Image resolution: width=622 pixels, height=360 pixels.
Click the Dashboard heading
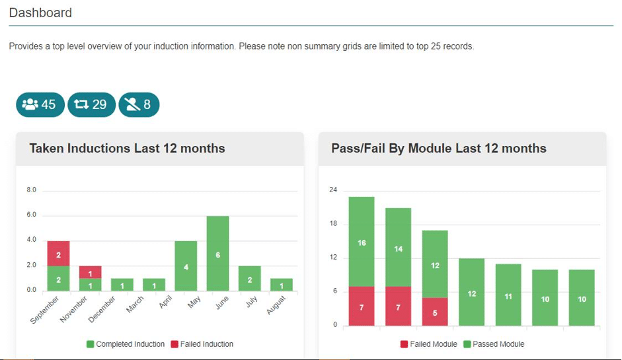click(x=40, y=13)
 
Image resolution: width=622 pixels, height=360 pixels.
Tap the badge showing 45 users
click(x=40, y=104)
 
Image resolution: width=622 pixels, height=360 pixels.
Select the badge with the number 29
click(x=91, y=104)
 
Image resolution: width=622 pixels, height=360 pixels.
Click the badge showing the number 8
click(x=139, y=104)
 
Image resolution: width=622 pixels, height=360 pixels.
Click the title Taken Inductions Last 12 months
click(x=127, y=149)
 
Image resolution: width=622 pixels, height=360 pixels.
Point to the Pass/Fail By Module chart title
click(x=438, y=149)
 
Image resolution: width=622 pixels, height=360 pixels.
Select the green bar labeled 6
click(x=217, y=254)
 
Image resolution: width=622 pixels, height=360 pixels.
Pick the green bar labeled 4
click(x=186, y=266)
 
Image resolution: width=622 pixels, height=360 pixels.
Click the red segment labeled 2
click(x=58, y=254)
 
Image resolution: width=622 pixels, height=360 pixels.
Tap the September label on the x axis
click(x=45, y=310)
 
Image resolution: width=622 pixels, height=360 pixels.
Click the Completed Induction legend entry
click(x=126, y=344)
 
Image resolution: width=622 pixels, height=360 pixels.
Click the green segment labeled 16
click(x=362, y=242)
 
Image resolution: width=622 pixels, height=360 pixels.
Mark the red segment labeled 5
click(x=435, y=312)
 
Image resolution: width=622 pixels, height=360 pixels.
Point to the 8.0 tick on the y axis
click(x=30, y=190)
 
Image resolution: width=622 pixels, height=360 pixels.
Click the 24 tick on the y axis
click(x=333, y=190)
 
